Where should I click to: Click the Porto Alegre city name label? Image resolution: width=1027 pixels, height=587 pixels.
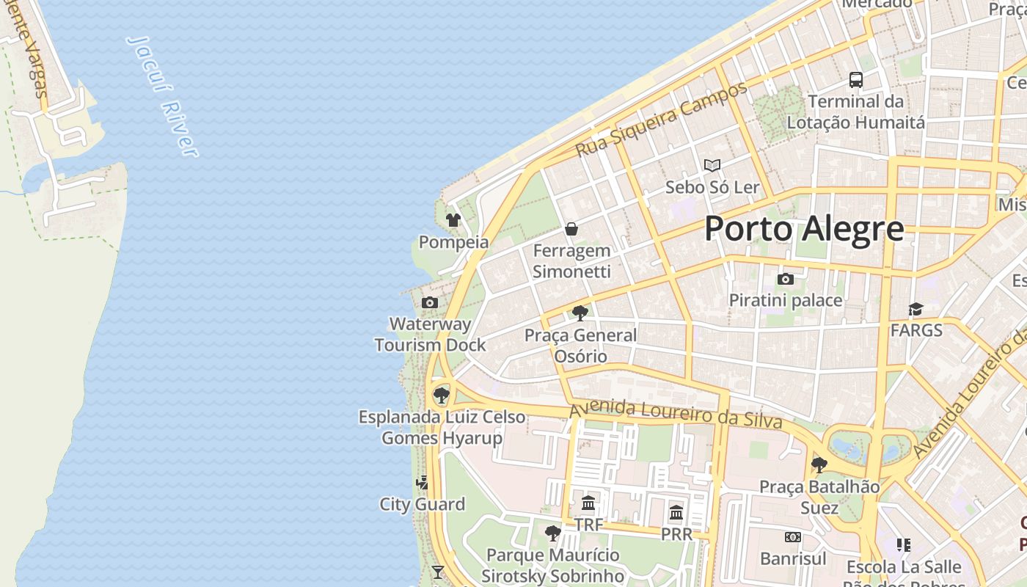804,229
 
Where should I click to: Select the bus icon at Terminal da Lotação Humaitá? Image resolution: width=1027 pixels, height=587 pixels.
855,80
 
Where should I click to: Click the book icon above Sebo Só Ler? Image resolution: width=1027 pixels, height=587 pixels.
712,166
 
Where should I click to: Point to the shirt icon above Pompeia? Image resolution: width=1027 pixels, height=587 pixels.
453,219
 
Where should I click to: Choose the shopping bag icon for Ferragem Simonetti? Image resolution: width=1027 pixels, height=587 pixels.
571,229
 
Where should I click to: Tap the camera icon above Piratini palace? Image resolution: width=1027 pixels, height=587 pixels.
786,279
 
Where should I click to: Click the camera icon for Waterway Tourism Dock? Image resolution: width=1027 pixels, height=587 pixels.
430,302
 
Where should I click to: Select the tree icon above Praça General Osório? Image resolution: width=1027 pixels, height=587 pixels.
580,313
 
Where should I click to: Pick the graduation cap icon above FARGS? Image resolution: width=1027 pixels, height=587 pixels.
915,309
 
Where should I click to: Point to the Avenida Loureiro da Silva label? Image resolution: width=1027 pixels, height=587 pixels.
676,412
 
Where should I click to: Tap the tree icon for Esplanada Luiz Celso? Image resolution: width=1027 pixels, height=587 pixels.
441,395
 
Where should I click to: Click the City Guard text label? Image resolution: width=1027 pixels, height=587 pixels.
422,504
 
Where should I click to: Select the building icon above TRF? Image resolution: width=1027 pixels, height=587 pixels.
588,503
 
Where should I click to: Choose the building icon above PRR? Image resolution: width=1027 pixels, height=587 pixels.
676,512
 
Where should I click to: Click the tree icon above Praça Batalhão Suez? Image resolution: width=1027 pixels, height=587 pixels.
819,464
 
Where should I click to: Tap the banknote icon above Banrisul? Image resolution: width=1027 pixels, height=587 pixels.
793,537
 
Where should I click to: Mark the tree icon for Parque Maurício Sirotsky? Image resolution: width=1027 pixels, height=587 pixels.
553,533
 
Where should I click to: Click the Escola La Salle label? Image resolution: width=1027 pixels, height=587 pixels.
904,567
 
